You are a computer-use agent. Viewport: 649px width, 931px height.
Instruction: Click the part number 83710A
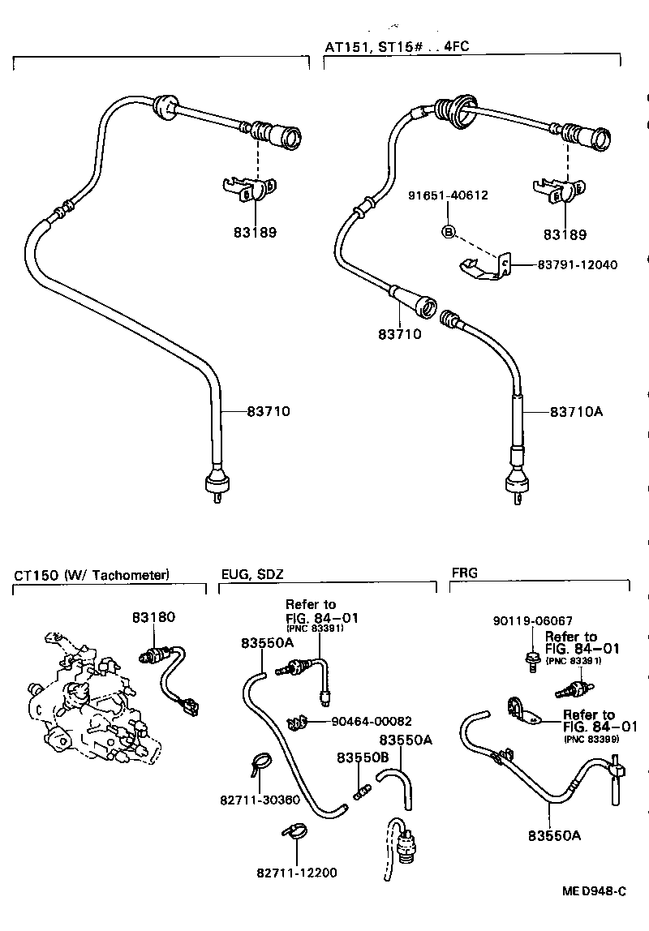click(x=577, y=412)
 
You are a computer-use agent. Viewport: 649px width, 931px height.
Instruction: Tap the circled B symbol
click(x=448, y=232)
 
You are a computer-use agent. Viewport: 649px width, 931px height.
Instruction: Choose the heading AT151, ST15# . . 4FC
click(x=397, y=47)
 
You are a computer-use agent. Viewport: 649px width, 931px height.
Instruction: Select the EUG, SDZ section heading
click(x=252, y=575)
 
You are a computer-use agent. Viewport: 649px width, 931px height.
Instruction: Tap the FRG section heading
click(x=464, y=573)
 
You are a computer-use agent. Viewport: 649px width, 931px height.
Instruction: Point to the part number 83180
click(x=153, y=617)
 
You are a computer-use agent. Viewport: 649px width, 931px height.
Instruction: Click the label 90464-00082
click(x=372, y=720)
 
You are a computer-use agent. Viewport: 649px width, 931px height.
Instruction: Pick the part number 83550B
click(x=362, y=757)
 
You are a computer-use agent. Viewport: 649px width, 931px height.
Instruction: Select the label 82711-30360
click(x=260, y=799)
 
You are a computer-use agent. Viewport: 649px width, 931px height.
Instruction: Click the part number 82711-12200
click(x=296, y=873)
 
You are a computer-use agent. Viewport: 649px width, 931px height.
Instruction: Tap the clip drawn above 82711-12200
click(x=293, y=830)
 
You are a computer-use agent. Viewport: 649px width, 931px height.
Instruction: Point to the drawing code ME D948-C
click(x=595, y=891)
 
